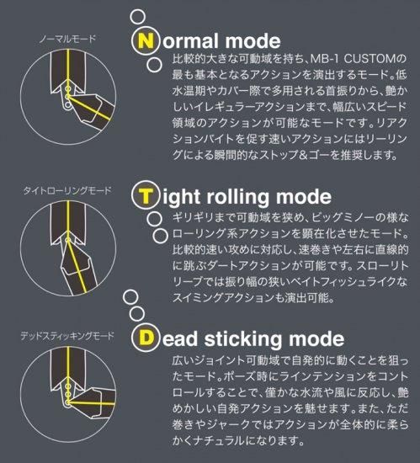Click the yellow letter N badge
pos(146,40)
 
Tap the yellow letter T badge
pos(146,196)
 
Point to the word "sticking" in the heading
pos(243,338)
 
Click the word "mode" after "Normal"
pos(253,40)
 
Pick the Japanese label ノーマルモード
pos(67,39)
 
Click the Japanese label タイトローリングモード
pos(67,190)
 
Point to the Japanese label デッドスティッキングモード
pos(67,336)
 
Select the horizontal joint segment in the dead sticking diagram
pos(94,403)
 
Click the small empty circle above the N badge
pos(137,17)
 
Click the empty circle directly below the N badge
pos(154,64)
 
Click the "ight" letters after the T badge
pos(181,197)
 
